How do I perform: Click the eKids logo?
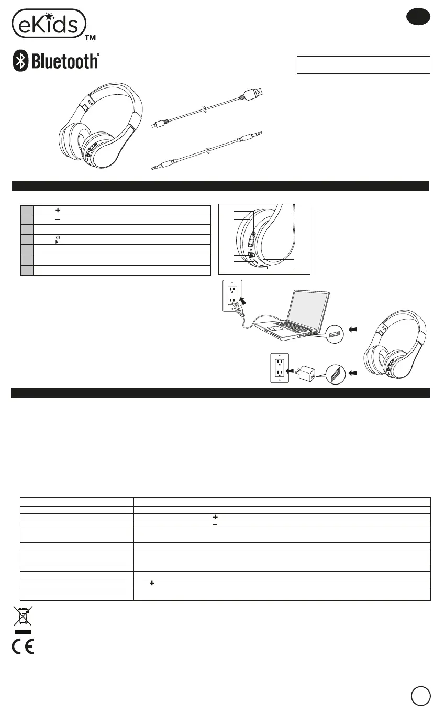[49, 23]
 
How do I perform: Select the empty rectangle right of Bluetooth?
[363, 65]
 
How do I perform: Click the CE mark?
[23, 647]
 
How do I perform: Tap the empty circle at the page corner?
[420, 696]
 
